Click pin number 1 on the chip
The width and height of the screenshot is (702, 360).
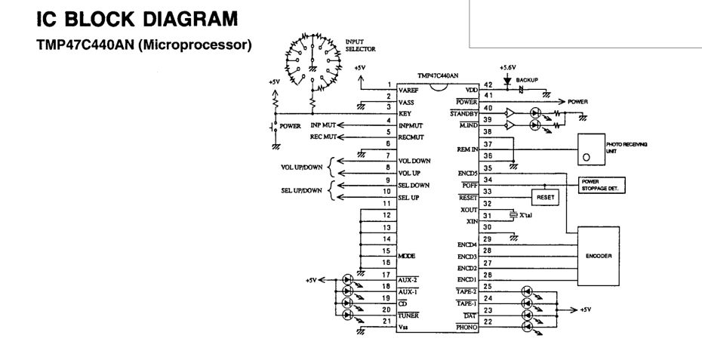coord(389,84)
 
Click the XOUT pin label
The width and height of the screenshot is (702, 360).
coord(468,208)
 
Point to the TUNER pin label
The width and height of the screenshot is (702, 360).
coord(411,315)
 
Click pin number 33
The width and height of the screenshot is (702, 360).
coord(488,192)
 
